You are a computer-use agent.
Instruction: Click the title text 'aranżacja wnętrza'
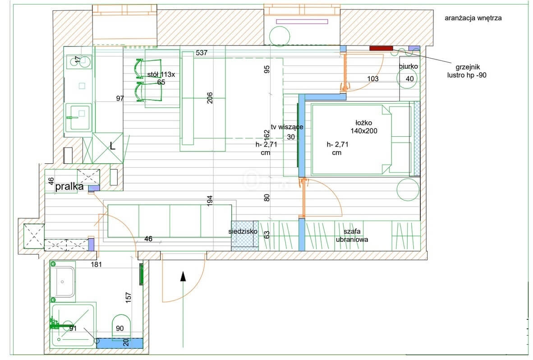point(473,18)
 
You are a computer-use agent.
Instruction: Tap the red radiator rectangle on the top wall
point(381,48)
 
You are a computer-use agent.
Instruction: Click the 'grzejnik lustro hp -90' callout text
point(467,71)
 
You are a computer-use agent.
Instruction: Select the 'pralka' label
point(69,186)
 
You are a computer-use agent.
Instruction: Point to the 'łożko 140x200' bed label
point(364,127)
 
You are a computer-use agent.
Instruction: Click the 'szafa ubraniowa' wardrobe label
point(352,235)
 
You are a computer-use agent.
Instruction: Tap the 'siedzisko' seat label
point(243,231)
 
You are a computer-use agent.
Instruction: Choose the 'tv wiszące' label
point(287,127)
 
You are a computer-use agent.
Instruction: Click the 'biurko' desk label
point(408,66)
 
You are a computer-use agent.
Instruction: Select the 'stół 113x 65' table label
point(161,78)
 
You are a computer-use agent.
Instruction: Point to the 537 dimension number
point(202,53)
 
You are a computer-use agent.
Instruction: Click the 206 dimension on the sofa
point(210,98)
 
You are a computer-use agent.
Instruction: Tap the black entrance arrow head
point(183,277)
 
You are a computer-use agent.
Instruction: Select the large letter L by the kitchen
point(113,146)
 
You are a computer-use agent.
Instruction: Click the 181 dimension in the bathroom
point(96,264)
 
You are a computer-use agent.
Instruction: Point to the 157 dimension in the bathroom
point(128,297)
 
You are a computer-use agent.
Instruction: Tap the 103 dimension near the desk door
point(373,78)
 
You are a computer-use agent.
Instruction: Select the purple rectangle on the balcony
point(302,21)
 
